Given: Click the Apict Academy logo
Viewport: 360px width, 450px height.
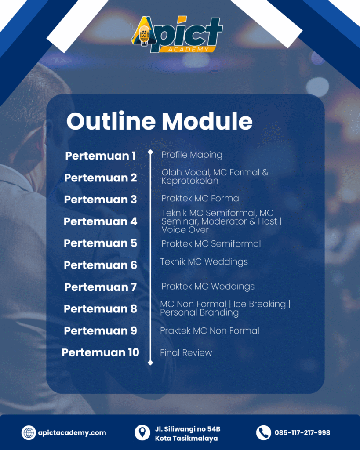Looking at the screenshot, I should pos(178,35).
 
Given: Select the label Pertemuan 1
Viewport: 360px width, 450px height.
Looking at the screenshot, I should pos(101,156).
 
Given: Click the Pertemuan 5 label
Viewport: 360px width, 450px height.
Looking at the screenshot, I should pos(101,243).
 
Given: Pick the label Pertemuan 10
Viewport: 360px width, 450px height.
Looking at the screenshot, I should pos(101,352).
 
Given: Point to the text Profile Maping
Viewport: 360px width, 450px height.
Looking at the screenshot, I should pos(192,155).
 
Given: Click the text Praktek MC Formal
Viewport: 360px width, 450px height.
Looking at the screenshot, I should pos(201,198).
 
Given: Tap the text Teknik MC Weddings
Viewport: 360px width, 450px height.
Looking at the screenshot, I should pos(204,262).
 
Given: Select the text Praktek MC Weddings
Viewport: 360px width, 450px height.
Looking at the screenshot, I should pos(208,287).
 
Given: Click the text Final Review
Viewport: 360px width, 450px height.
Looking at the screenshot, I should pos(186,352).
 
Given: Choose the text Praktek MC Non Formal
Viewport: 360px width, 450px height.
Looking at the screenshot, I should pos(210,330).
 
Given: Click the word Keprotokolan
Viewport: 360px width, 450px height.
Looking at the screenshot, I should pos(189,181).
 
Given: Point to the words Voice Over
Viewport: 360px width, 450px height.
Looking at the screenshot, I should pos(185,230).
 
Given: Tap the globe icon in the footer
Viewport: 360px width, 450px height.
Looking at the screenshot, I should pos(29,432).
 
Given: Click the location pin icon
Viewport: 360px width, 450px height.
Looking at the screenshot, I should pos(142,432).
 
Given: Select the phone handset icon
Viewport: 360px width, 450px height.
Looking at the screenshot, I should pos(263,432).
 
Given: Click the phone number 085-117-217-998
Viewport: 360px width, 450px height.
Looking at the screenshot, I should pos(302,433).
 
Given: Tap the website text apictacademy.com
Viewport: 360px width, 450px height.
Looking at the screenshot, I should pos(72,433).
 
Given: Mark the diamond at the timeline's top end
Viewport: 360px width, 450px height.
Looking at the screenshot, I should pos(150,152).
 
